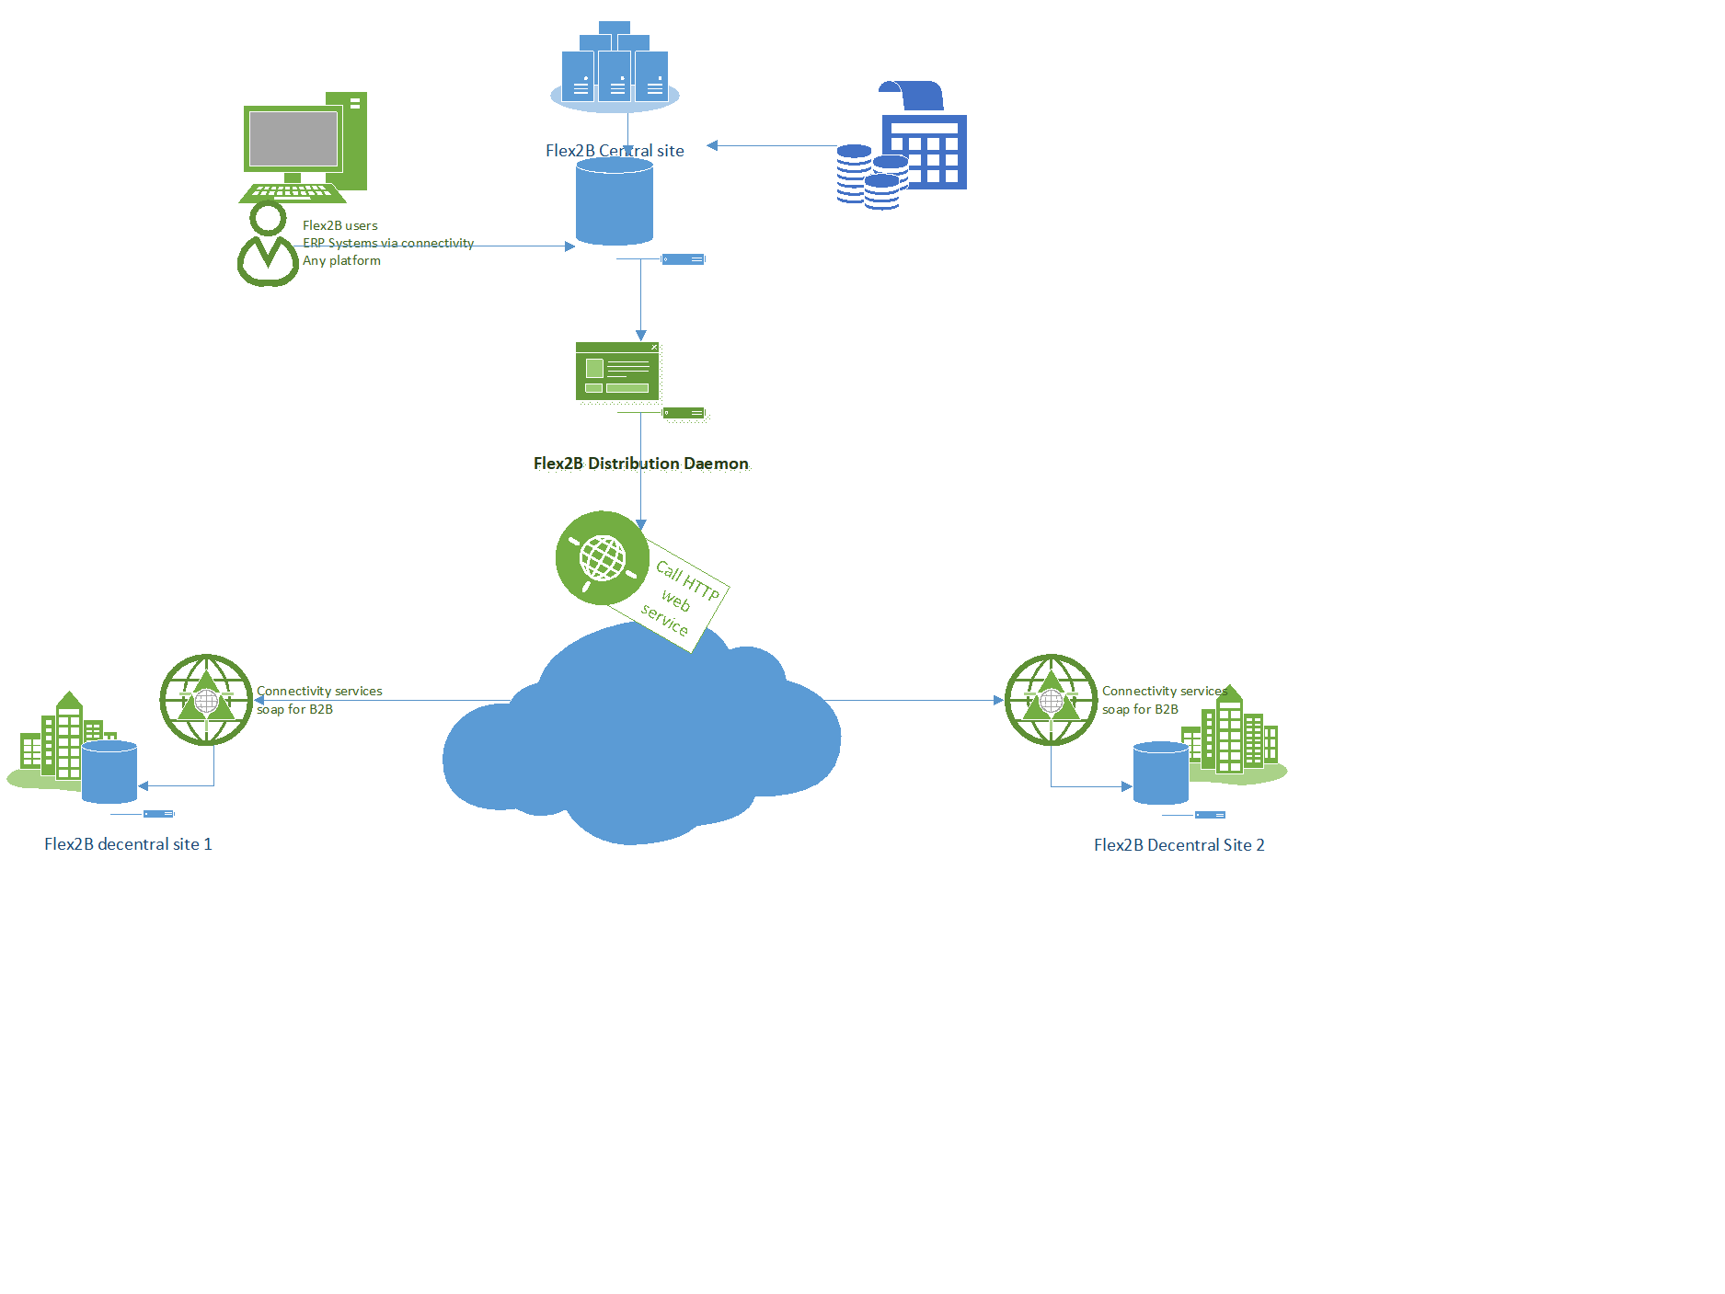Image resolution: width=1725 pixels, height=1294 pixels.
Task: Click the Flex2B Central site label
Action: click(615, 151)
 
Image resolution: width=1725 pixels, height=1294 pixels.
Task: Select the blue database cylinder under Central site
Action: click(615, 201)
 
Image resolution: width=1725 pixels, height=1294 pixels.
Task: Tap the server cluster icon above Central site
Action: click(615, 66)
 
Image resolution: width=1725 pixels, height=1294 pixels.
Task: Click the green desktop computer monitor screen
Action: click(293, 139)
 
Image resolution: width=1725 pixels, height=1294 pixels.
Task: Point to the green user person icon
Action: click(268, 245)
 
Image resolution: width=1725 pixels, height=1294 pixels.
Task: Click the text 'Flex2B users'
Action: click(340, 225)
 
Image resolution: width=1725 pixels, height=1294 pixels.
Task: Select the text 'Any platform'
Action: click(341, 260)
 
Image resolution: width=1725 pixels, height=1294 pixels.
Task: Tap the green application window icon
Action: click(617, 372)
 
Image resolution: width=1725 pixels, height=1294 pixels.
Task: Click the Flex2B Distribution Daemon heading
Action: click(641, 464)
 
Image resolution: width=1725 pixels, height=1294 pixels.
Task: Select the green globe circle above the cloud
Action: click(603, 558)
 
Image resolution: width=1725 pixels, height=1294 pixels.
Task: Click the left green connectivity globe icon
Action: click(206, 701)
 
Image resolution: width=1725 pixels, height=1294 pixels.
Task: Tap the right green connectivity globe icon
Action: click(1052, 701)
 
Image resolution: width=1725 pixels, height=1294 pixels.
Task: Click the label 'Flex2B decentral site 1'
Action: click(128, 844)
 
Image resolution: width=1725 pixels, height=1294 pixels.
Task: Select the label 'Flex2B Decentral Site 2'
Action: click(1179, 845)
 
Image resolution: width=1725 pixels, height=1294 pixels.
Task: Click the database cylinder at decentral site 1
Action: click(109, 773)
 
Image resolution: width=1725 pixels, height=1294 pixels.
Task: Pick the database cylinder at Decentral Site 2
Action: click(1161, 773)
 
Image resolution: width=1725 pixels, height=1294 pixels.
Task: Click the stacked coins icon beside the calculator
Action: click(872, 177)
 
